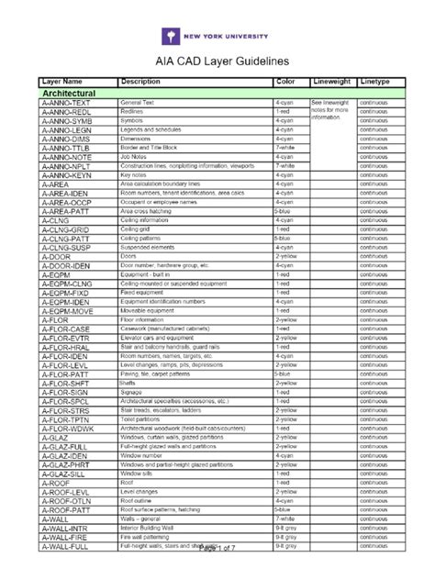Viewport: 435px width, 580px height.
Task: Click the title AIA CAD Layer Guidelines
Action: pyautogui.click(x=217, y=61)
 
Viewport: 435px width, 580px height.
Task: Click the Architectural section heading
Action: pyautogui.click(x=70, y=94)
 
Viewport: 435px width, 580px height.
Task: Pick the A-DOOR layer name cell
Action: pyautogui.click(x=56, y=257)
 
